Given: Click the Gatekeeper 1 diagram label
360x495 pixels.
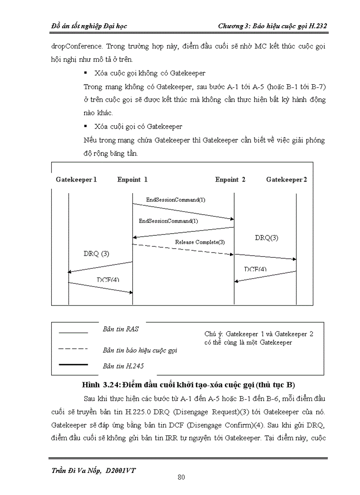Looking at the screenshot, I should (x=76, y=179).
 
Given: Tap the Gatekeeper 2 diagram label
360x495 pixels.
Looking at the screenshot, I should (x=287, y=179).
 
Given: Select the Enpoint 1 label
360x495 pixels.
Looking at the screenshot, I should (x=132, y=179).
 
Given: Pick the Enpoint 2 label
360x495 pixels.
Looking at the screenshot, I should (x=230, y=179).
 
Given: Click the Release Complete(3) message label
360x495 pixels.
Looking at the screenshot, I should (x=200, y=242).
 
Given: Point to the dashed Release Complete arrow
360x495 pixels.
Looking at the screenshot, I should (x=183, y=249).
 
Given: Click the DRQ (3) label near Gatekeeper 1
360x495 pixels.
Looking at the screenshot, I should (x=96, y=254).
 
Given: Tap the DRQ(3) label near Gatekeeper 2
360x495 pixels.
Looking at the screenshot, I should (x=266, y=238).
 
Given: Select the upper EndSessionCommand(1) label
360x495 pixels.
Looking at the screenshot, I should (x=176, y=200).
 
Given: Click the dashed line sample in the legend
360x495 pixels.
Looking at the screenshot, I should (x=73, y=349).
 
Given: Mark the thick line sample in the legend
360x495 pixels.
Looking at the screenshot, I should (x=73, y=365).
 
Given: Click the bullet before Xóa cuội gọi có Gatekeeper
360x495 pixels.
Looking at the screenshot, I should (x=85, y=127).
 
